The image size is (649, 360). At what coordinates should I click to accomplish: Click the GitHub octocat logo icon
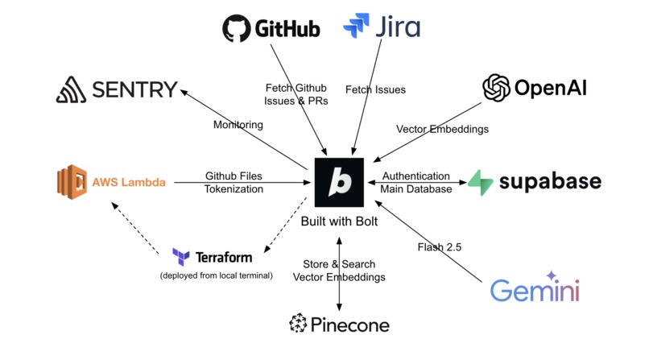click(x=237, y=28)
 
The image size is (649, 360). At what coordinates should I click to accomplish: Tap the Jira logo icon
click(x=356, y=27)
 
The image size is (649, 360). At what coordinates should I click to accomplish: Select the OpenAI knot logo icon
click(x=496, y=88)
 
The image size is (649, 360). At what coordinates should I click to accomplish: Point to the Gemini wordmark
click(x=535, y=290)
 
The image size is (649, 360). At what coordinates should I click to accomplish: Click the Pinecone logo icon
click(x=298, y=324)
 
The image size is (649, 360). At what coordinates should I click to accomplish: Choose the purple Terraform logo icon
click(x=181, y=257)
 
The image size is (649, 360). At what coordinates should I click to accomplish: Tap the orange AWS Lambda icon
click(x=71, y=181)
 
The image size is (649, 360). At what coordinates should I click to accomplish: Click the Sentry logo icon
click(x=71, y=89)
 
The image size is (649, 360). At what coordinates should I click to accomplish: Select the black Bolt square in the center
click(x=339, y=182)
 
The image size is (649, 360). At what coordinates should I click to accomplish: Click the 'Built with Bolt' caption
click(x=339, y=221)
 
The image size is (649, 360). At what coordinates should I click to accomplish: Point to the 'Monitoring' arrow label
click(x=238, y=125)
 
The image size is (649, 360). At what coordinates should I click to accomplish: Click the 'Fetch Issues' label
click(x=374, y=89)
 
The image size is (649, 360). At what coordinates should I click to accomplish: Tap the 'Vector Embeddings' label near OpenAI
click(x=442, y=129)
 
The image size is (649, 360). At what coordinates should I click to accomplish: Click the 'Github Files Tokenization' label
click(x=234, y=182)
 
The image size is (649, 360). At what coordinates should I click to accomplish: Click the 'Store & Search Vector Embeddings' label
click(x=339, y=271)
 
